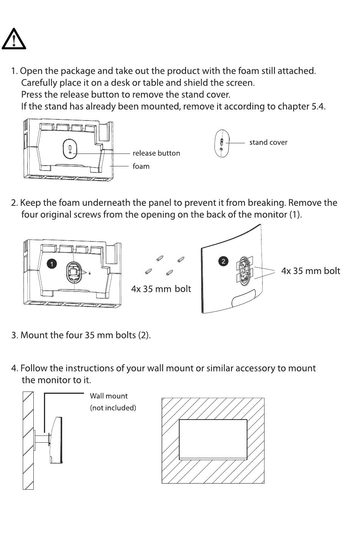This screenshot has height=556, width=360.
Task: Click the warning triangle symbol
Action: coord(14,39)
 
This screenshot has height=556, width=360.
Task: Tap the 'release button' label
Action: coord(156,153)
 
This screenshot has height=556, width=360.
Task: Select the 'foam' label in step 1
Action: coord(141,166)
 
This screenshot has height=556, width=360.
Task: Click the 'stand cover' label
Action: coord(268,143)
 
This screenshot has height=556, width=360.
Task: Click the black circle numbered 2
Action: coord(224,261)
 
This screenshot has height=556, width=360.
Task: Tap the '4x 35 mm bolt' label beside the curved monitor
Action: coord(310,271)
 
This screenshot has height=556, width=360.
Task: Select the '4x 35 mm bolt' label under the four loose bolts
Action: coord(161,289)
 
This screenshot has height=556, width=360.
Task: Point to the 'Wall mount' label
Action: coord(109,396)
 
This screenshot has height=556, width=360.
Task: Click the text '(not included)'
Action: coord(113,408)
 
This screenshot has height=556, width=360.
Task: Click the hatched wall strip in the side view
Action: coord(28,440)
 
